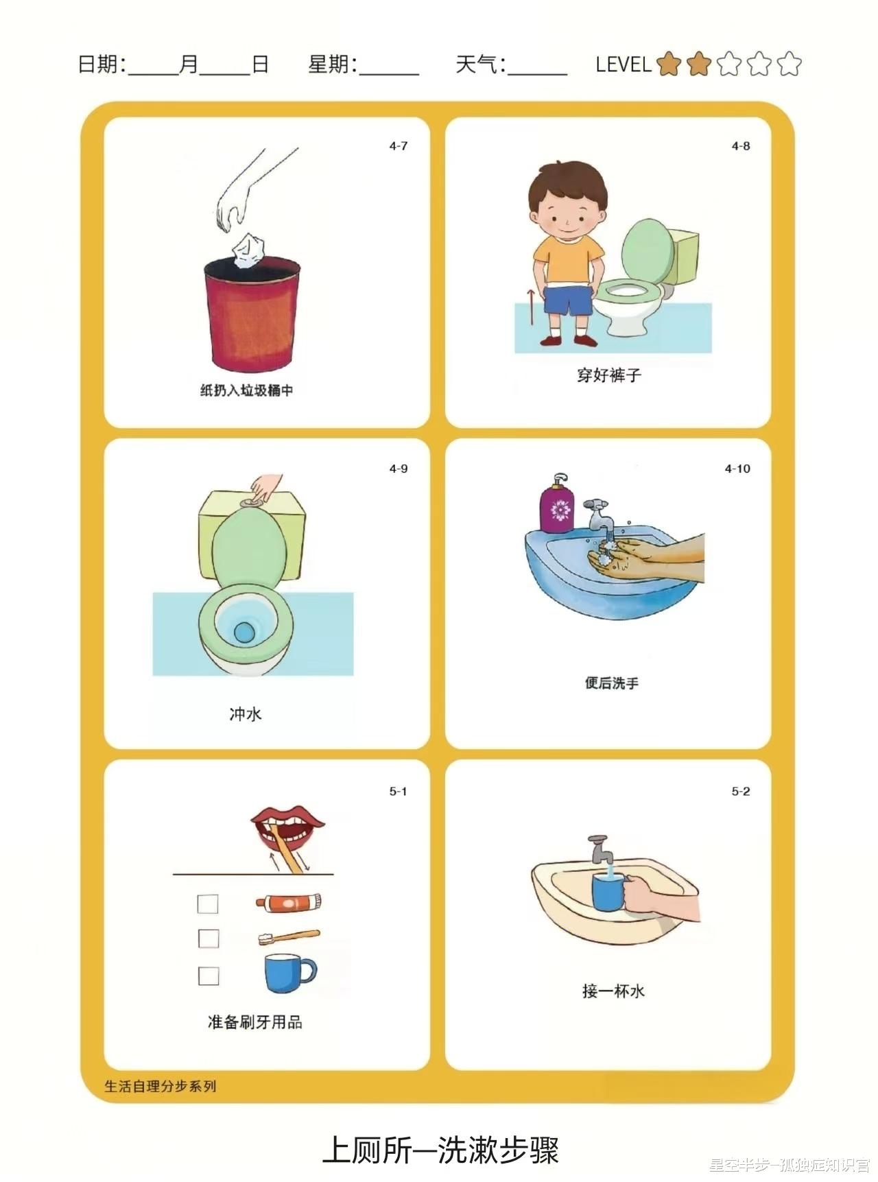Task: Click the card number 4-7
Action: click(x=399, y=146)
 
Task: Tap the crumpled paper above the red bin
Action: click(x=248, y=250)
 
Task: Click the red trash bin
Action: click(x=252, y=314)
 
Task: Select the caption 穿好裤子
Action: click(x=608, y=375)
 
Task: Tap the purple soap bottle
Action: click(x=557, y=504)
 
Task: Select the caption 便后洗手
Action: click(x=612, y=683)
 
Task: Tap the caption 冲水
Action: click(x=246, y=714)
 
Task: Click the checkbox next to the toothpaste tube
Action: click(x=208, y=903)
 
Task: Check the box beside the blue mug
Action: click(x=209, y=976)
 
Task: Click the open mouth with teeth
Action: click(x=287, y=827)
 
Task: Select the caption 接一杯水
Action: click(x=613, y=991)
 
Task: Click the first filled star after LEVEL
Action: click(x=668, y=64)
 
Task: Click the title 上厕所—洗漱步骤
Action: click(x=440, y=1150)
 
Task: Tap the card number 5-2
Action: click(x=741, y=792)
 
